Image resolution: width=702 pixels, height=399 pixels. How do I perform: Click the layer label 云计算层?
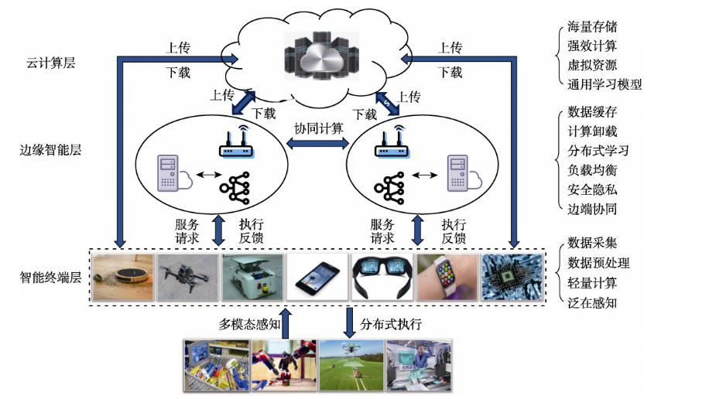47,62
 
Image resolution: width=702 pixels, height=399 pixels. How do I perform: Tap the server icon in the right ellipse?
458,174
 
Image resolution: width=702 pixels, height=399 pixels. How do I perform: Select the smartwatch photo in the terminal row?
446,277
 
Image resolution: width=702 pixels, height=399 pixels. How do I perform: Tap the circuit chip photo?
512,277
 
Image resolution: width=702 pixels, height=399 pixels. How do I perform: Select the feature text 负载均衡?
592,169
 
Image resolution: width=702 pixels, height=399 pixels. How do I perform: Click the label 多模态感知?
249,322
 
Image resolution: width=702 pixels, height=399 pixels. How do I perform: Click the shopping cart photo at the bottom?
216,366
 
